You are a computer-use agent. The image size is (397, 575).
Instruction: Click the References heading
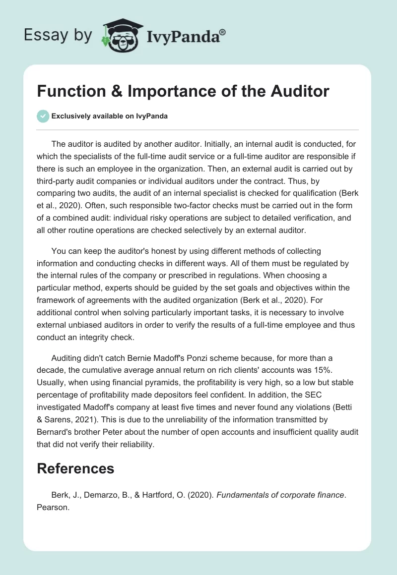tap(75, 468)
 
